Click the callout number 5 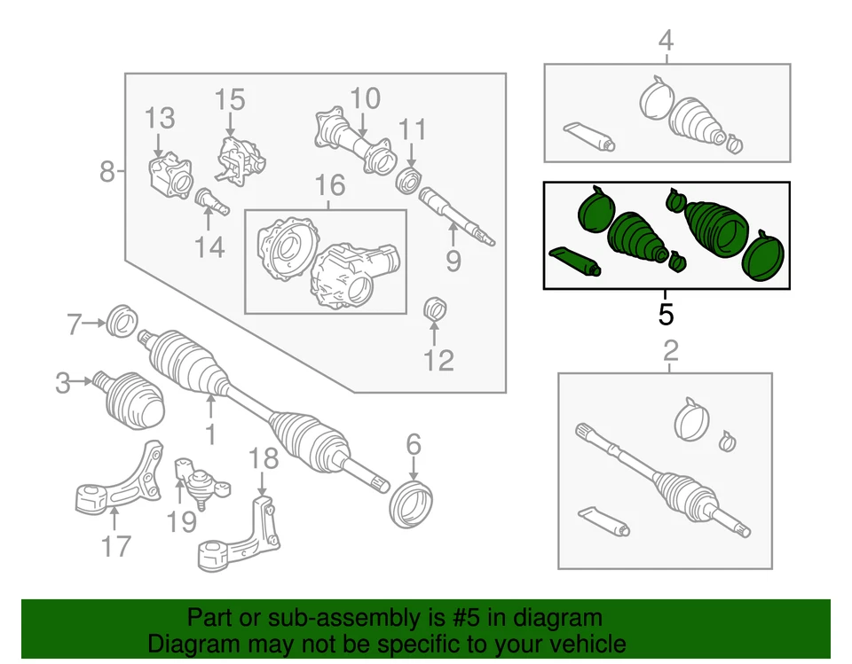(666, 314)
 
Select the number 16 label (329, 186)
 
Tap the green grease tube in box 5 (575, 261)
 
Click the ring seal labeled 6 (412, 503)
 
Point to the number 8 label (106, 170)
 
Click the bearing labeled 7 (119, 320)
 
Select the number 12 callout (438, 359)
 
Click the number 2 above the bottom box (671, 350)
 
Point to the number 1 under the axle (211, 434)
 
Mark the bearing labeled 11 (407, 180)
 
